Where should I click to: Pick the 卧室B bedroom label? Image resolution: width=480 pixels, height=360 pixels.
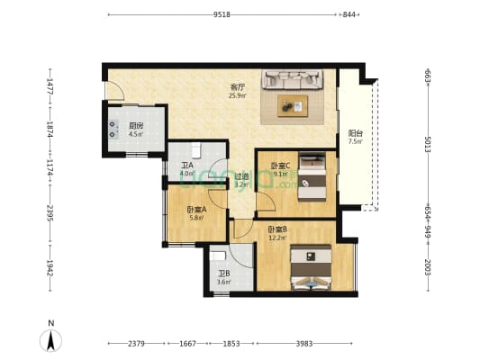(x=276, y=231)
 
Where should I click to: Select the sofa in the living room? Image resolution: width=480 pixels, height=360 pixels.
(x=294, y=80)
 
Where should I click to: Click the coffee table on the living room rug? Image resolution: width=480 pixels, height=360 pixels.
(x=293, y=105)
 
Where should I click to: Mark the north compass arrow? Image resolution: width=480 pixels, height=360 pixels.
(x=52, y=340)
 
